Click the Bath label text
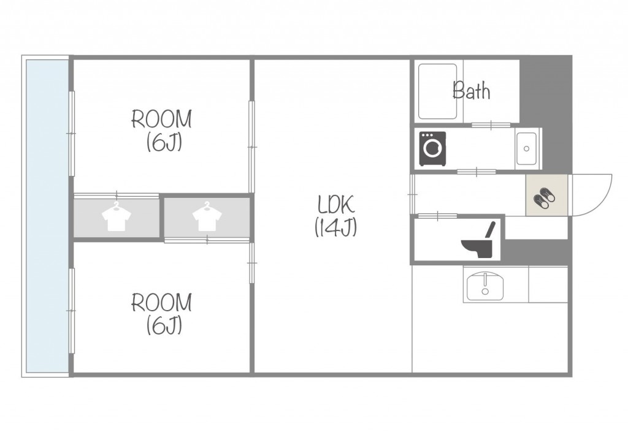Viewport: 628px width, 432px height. click(471, 91)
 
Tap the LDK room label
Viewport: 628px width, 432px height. click(336, 204)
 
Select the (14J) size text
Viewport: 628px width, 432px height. click(335, 227)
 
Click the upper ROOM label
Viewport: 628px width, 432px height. click(162, 119)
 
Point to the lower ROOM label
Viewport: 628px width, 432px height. click(162, 303)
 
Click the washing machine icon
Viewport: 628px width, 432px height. click(432, 148)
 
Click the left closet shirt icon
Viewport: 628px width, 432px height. click(117, 216)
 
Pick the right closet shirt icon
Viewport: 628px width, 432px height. click(207, 216)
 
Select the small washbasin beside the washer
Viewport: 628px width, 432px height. click(527, 148)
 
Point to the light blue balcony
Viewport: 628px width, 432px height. click(47, 216)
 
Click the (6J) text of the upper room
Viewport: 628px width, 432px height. click(164, 142)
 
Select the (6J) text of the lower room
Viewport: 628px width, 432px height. click(164, 325)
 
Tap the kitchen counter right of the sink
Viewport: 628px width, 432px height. click(548, 284)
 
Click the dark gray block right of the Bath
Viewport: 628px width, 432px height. click(545, 91)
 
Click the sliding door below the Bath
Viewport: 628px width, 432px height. click(491, 125)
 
